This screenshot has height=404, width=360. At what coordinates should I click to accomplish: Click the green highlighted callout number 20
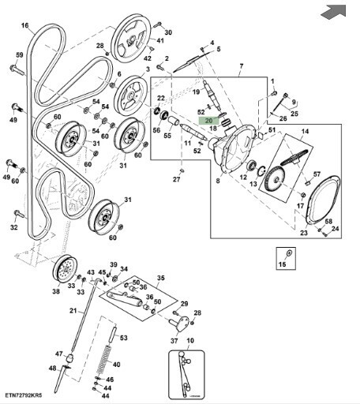pyautogui.click(x=208, y=121)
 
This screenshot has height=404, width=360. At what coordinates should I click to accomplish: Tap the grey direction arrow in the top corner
pyautogui.click(x=333, y=12)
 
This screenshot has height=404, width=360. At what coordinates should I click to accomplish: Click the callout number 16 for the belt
pyautogui.click(x=24, y=25)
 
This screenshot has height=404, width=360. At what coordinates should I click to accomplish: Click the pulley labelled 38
pyautogui.click(x=65, y=269)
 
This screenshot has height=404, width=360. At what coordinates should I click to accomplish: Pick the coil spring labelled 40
pyautogui.click(x=103, y=360)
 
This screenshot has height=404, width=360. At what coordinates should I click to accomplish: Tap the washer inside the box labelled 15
pyautogui.click(x=289, y=253)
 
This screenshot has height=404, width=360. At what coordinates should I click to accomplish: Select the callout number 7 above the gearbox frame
pyautogui.click(x=241, y=66)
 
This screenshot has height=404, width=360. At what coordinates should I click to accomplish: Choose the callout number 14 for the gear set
pyautogui.click(x=305, y=131)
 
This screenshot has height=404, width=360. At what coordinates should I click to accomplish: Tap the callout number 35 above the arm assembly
pyautogui.click(x=160, y=278)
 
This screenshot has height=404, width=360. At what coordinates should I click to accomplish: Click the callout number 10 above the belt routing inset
pyautogui.click(x=190, y=341)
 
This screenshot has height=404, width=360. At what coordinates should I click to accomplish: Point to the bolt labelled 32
pyautogui.click(x=19, y=214)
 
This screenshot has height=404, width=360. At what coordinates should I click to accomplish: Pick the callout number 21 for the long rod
pyautogui.click(x=73, y=311)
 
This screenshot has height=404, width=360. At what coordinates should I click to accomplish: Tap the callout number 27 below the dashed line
pyautogui.click(x=176, y=179)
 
